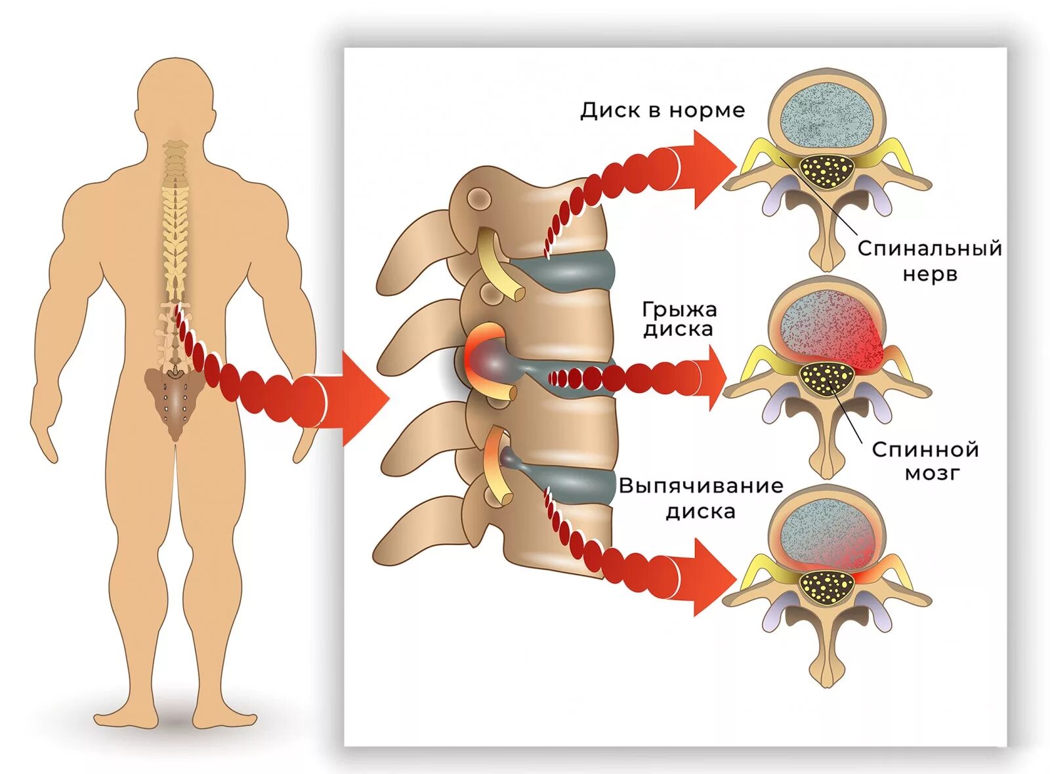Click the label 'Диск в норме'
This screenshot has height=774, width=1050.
[662, 110]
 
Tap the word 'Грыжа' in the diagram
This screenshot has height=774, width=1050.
[679, 309]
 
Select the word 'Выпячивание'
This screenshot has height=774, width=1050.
[700, 486]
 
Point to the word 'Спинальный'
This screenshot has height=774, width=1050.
[929, 249]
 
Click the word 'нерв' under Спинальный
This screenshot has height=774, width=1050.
[929, 274]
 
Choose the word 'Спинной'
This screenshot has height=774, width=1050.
[925, 449]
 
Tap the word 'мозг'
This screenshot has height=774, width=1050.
[932, 473]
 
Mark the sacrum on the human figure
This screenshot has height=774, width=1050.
[174, 400]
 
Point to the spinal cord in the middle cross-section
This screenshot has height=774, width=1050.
[827, 378]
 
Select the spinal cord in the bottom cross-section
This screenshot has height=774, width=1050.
[827, 585]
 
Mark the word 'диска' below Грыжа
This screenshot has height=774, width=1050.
[678, 329]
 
